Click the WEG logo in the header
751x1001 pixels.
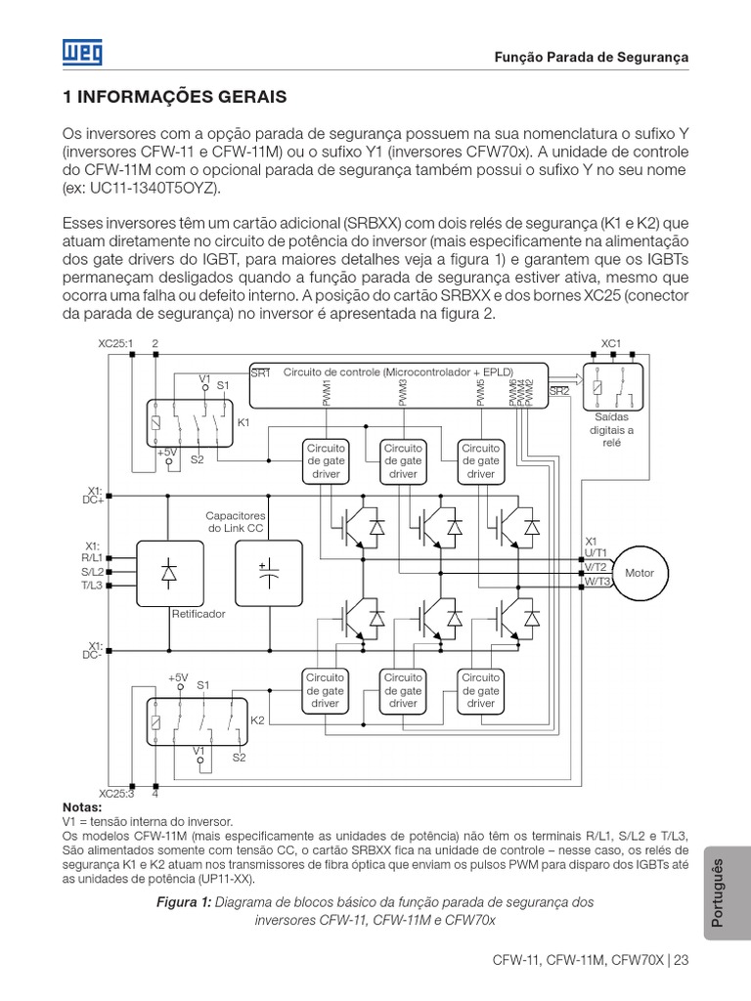coord(80,53)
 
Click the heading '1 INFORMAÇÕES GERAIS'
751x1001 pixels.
coord(174,98)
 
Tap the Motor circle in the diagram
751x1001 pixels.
coord(639,574)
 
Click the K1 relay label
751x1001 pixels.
coord(243,422)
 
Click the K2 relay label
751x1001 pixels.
coord(257,720)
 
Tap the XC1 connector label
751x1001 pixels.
coord(611,344)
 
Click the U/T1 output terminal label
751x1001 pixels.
coord(596,553)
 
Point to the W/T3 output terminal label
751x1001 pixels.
coord(596,582)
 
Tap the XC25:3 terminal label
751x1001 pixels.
coord(116,794)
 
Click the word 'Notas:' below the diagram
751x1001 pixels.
coord(81,808)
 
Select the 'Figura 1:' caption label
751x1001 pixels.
coord(184,902)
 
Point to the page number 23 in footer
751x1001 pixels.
coord(682,959)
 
